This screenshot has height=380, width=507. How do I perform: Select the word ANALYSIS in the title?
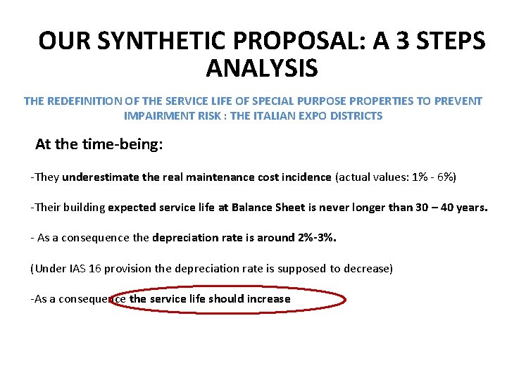[262, 69]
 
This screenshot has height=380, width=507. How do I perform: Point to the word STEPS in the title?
[447, 41]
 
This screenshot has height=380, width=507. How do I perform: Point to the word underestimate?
[101, 177]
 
